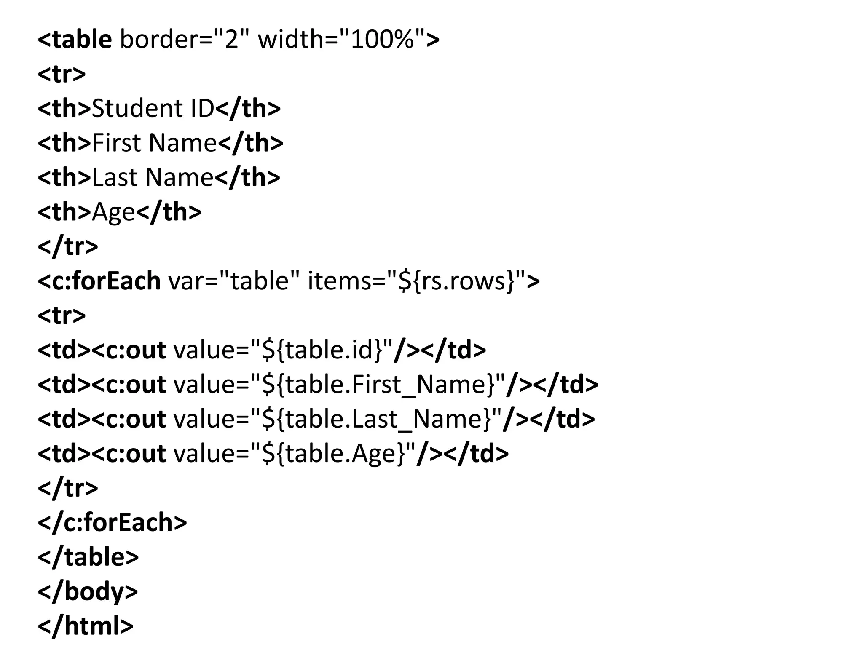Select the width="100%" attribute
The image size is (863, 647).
pos(341,40)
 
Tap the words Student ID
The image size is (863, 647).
pos(153,109)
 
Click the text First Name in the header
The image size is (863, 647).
pos(154,143)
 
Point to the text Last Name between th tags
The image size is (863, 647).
pos(153,177)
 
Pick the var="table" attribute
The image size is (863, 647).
pos(234,281)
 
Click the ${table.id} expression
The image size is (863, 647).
pos(322,350)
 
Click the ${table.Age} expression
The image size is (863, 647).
pos(333,454)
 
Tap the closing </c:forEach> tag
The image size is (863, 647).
pos(112,523)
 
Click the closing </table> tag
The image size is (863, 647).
pos(88,557)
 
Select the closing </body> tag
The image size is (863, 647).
pos(88,592)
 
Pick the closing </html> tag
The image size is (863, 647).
pos(86,626)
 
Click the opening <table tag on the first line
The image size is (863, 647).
pos(75,40)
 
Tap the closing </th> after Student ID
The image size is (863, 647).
pos(248,109)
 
